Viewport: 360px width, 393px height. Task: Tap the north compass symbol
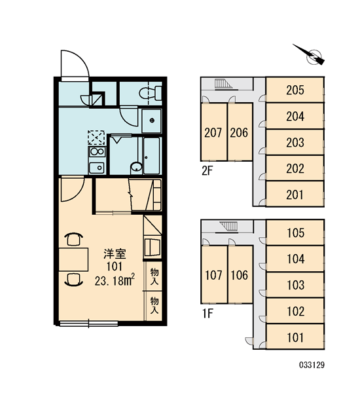(x=312, y=56)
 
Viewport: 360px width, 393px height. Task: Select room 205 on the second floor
(x=295, y=90)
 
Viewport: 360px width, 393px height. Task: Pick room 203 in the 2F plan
(x=295, y=142)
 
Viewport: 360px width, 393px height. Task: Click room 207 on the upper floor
(x=213, y=132)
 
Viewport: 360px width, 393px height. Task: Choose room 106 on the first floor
(x=240, y=274)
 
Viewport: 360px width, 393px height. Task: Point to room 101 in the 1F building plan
(x=295, y=337)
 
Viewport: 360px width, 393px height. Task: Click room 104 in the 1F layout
(x=295, y=259)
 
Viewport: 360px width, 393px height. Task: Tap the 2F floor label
(x=207, y=171)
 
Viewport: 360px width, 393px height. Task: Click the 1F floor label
(x=207, y=313)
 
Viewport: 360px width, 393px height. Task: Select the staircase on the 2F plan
(x=223, y=84)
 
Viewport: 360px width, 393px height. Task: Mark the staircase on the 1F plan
(x=228, y=227)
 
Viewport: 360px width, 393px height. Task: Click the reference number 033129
(x=312, y=365)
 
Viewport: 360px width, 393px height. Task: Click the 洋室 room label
(x=115, y=254)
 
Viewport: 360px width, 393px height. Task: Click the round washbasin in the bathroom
(x=136, y=166)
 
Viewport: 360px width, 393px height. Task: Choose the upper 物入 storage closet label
(x=154, y=276)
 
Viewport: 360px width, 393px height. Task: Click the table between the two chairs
(x=73, y=259)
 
